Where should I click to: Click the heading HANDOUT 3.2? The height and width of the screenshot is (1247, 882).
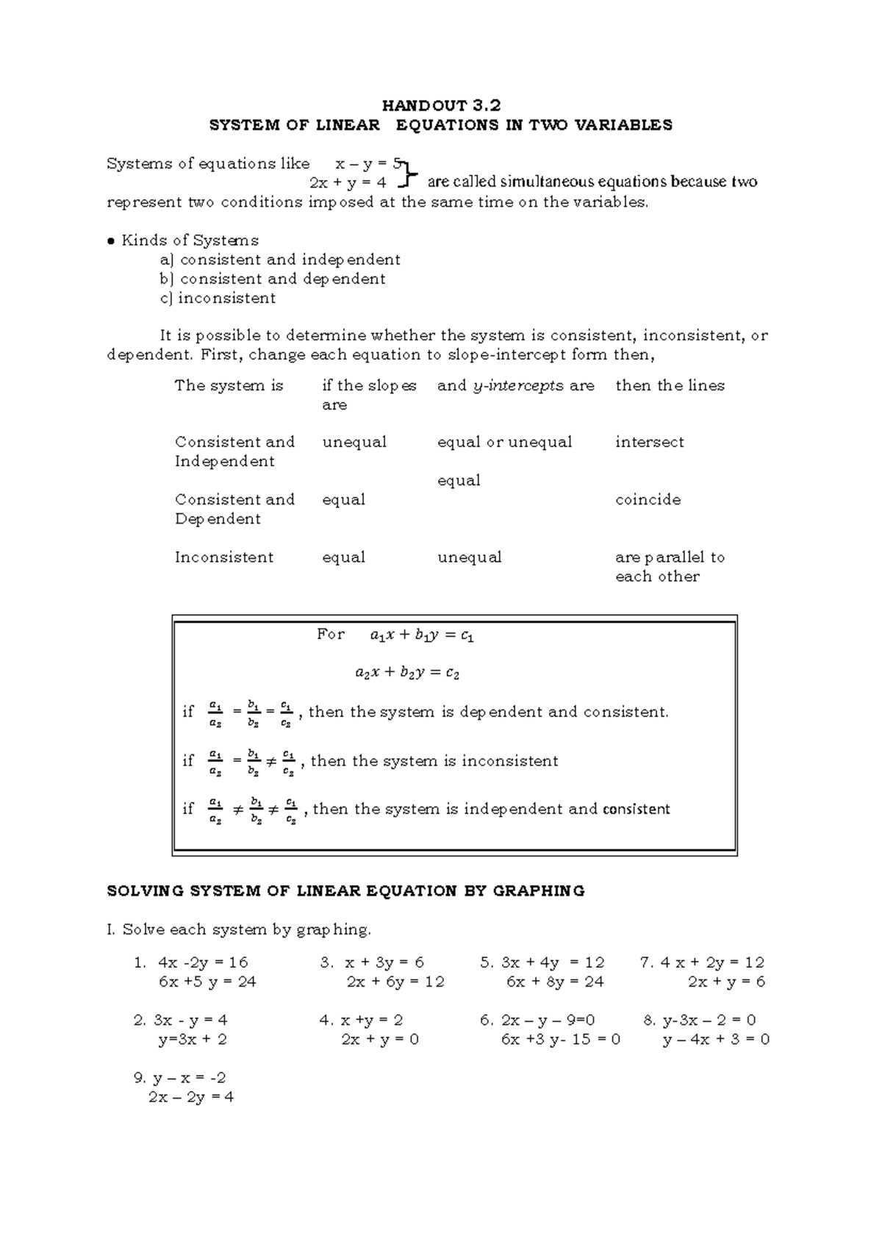coord(441,105)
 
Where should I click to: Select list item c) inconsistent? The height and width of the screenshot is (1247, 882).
coord(218,298)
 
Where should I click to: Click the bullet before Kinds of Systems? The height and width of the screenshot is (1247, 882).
coord(111,241)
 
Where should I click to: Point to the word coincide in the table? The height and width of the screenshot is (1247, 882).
coord(648,500)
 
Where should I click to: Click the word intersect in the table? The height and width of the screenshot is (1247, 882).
coord(649,442)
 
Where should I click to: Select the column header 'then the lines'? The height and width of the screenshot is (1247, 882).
coord(670,385)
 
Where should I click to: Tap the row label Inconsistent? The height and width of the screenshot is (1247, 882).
coord(224,557)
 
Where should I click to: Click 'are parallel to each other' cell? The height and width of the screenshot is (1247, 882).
coord(669,567)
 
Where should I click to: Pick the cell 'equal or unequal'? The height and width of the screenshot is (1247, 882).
coord(504,442)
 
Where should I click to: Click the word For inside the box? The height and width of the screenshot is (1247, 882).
coord(330,634)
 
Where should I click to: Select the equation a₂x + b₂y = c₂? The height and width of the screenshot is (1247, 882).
coord(406,672)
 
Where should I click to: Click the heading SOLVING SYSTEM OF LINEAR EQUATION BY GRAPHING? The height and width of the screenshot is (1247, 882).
coord(345,891)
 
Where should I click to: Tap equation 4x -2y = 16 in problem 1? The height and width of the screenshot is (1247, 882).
coord(203,962)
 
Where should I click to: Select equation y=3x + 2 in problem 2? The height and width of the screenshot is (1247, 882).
coord(192,1039)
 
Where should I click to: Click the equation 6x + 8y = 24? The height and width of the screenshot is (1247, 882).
coord(554,982)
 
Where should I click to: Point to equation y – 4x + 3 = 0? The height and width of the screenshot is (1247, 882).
coord(716,1039)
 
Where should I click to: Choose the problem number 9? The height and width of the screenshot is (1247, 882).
coord(140,1078)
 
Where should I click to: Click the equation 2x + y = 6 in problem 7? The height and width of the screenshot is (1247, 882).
coord(726,982)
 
